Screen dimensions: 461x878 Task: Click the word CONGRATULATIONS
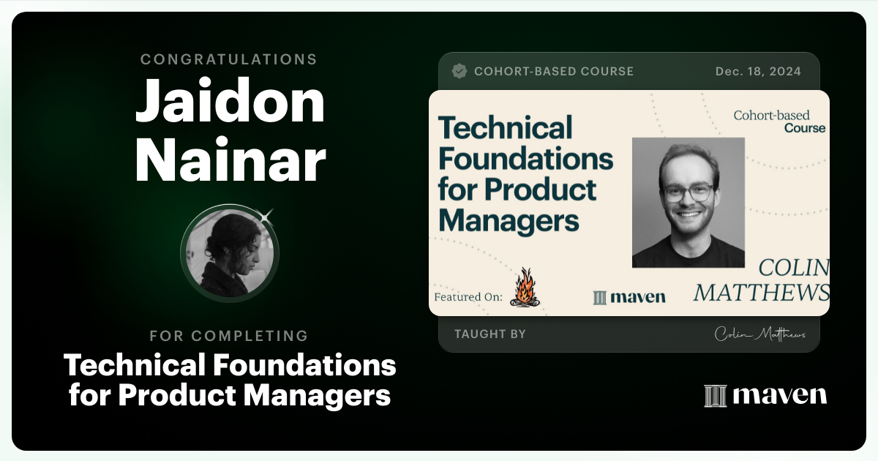pyautogui.click(x=229, y=59)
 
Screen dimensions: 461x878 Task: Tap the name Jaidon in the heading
pyautogui.click(x=230, y=102)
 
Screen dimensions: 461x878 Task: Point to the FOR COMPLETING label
pyautogui.click(x=229, y=336)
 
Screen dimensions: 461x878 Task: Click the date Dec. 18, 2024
pyautogui.click(x=758, y=71)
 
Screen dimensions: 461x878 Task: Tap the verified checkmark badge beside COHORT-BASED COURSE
pyautogui.click(x=459, y=71)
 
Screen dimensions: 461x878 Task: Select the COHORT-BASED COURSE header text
pyautogui.click(x=554, y=71)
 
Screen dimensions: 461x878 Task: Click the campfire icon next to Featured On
pyautogui.click(x=525, y=287)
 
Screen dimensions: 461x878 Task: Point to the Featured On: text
pyautogui.click(x=468, y=297)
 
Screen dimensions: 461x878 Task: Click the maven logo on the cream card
pyautogui.click(x=629, y=296)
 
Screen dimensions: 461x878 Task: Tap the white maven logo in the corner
pyautogui.click(x=765, y=395)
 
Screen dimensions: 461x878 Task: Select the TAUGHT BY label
pyautogui.click(x=490, y=334)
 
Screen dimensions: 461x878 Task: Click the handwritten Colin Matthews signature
pyautogui.click(x=759, y=334)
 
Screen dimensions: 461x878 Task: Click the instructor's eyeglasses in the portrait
pyautogui.click(x=688, y=192)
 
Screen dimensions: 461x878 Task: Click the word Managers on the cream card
pyautogui.click(x=509, y=220)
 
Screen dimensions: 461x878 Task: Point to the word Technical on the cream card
pyautogui.click(x=505, y=128)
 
